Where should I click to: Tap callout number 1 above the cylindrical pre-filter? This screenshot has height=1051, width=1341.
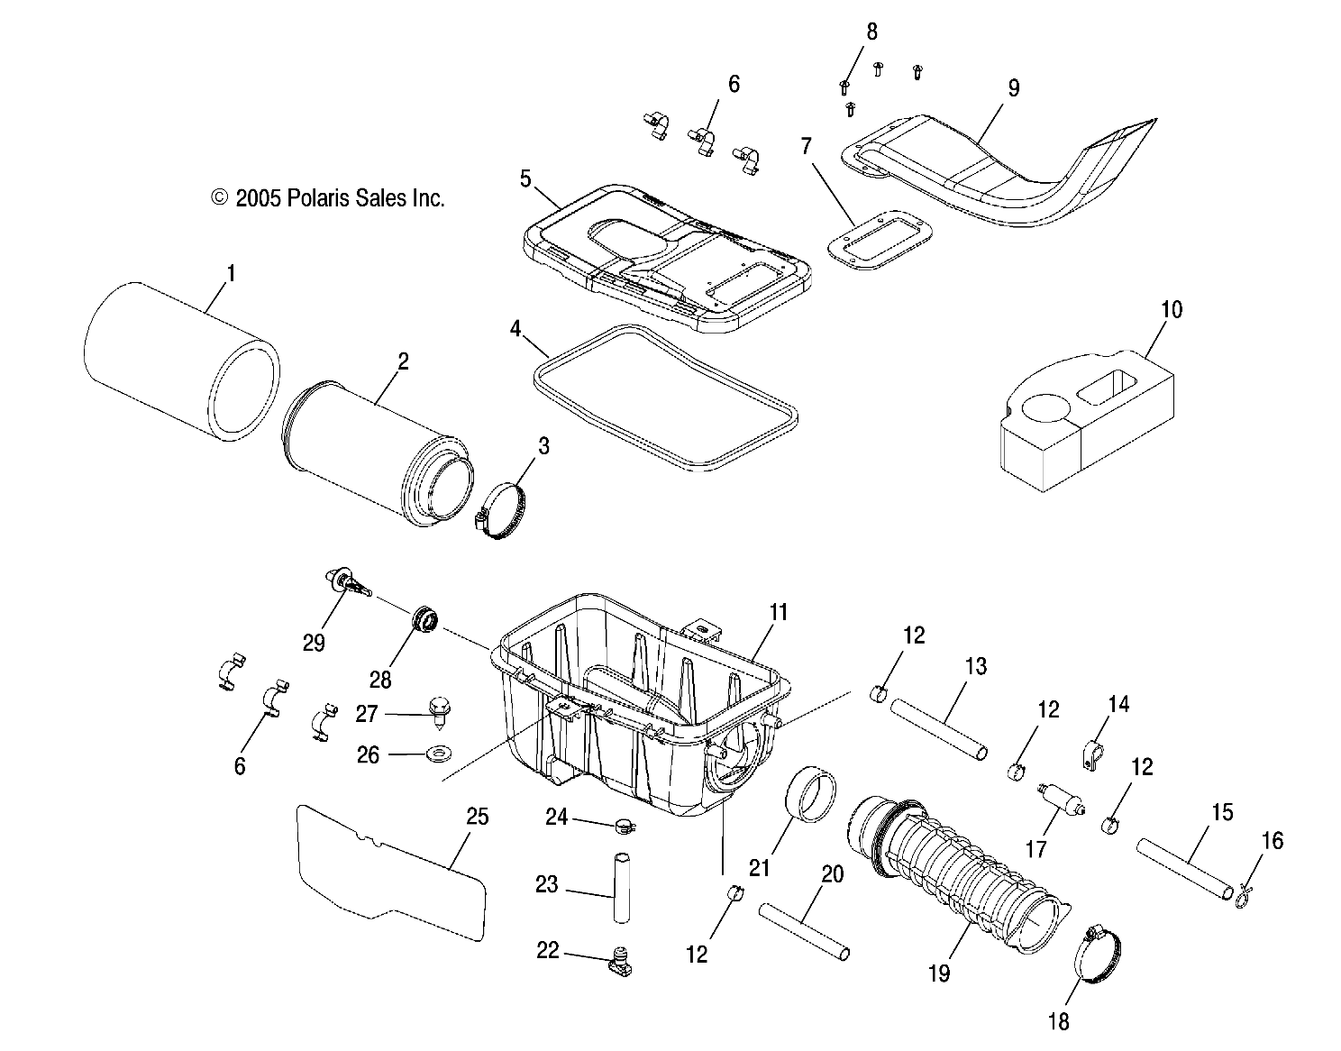(230, 272)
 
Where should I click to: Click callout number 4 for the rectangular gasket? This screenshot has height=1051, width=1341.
(515, 329)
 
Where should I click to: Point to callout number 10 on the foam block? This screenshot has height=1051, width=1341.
(1172, 309)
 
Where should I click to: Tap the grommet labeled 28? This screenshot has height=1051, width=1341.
(424, 620)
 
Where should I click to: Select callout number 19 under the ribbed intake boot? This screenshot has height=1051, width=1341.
(938, 973)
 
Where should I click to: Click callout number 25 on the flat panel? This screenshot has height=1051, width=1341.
(477, 817)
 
